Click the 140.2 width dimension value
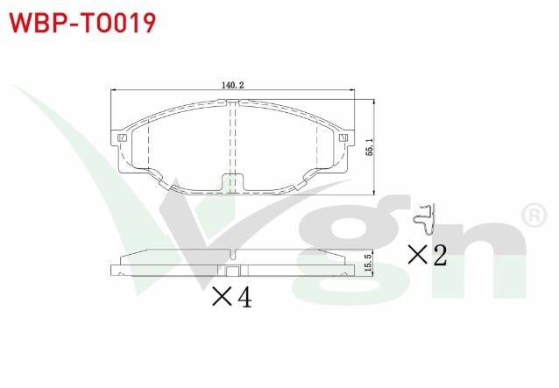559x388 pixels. tap(232, 85)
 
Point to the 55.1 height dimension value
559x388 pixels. tap(369, 146)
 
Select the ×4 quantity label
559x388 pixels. tap(231, 298)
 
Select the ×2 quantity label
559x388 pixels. tap(428, 255)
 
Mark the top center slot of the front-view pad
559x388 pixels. tap(232, 106)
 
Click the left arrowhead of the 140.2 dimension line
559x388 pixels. tap(116, 90)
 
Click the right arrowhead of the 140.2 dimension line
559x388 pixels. tap(350, 90)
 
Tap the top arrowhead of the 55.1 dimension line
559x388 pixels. tap(374, 101)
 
